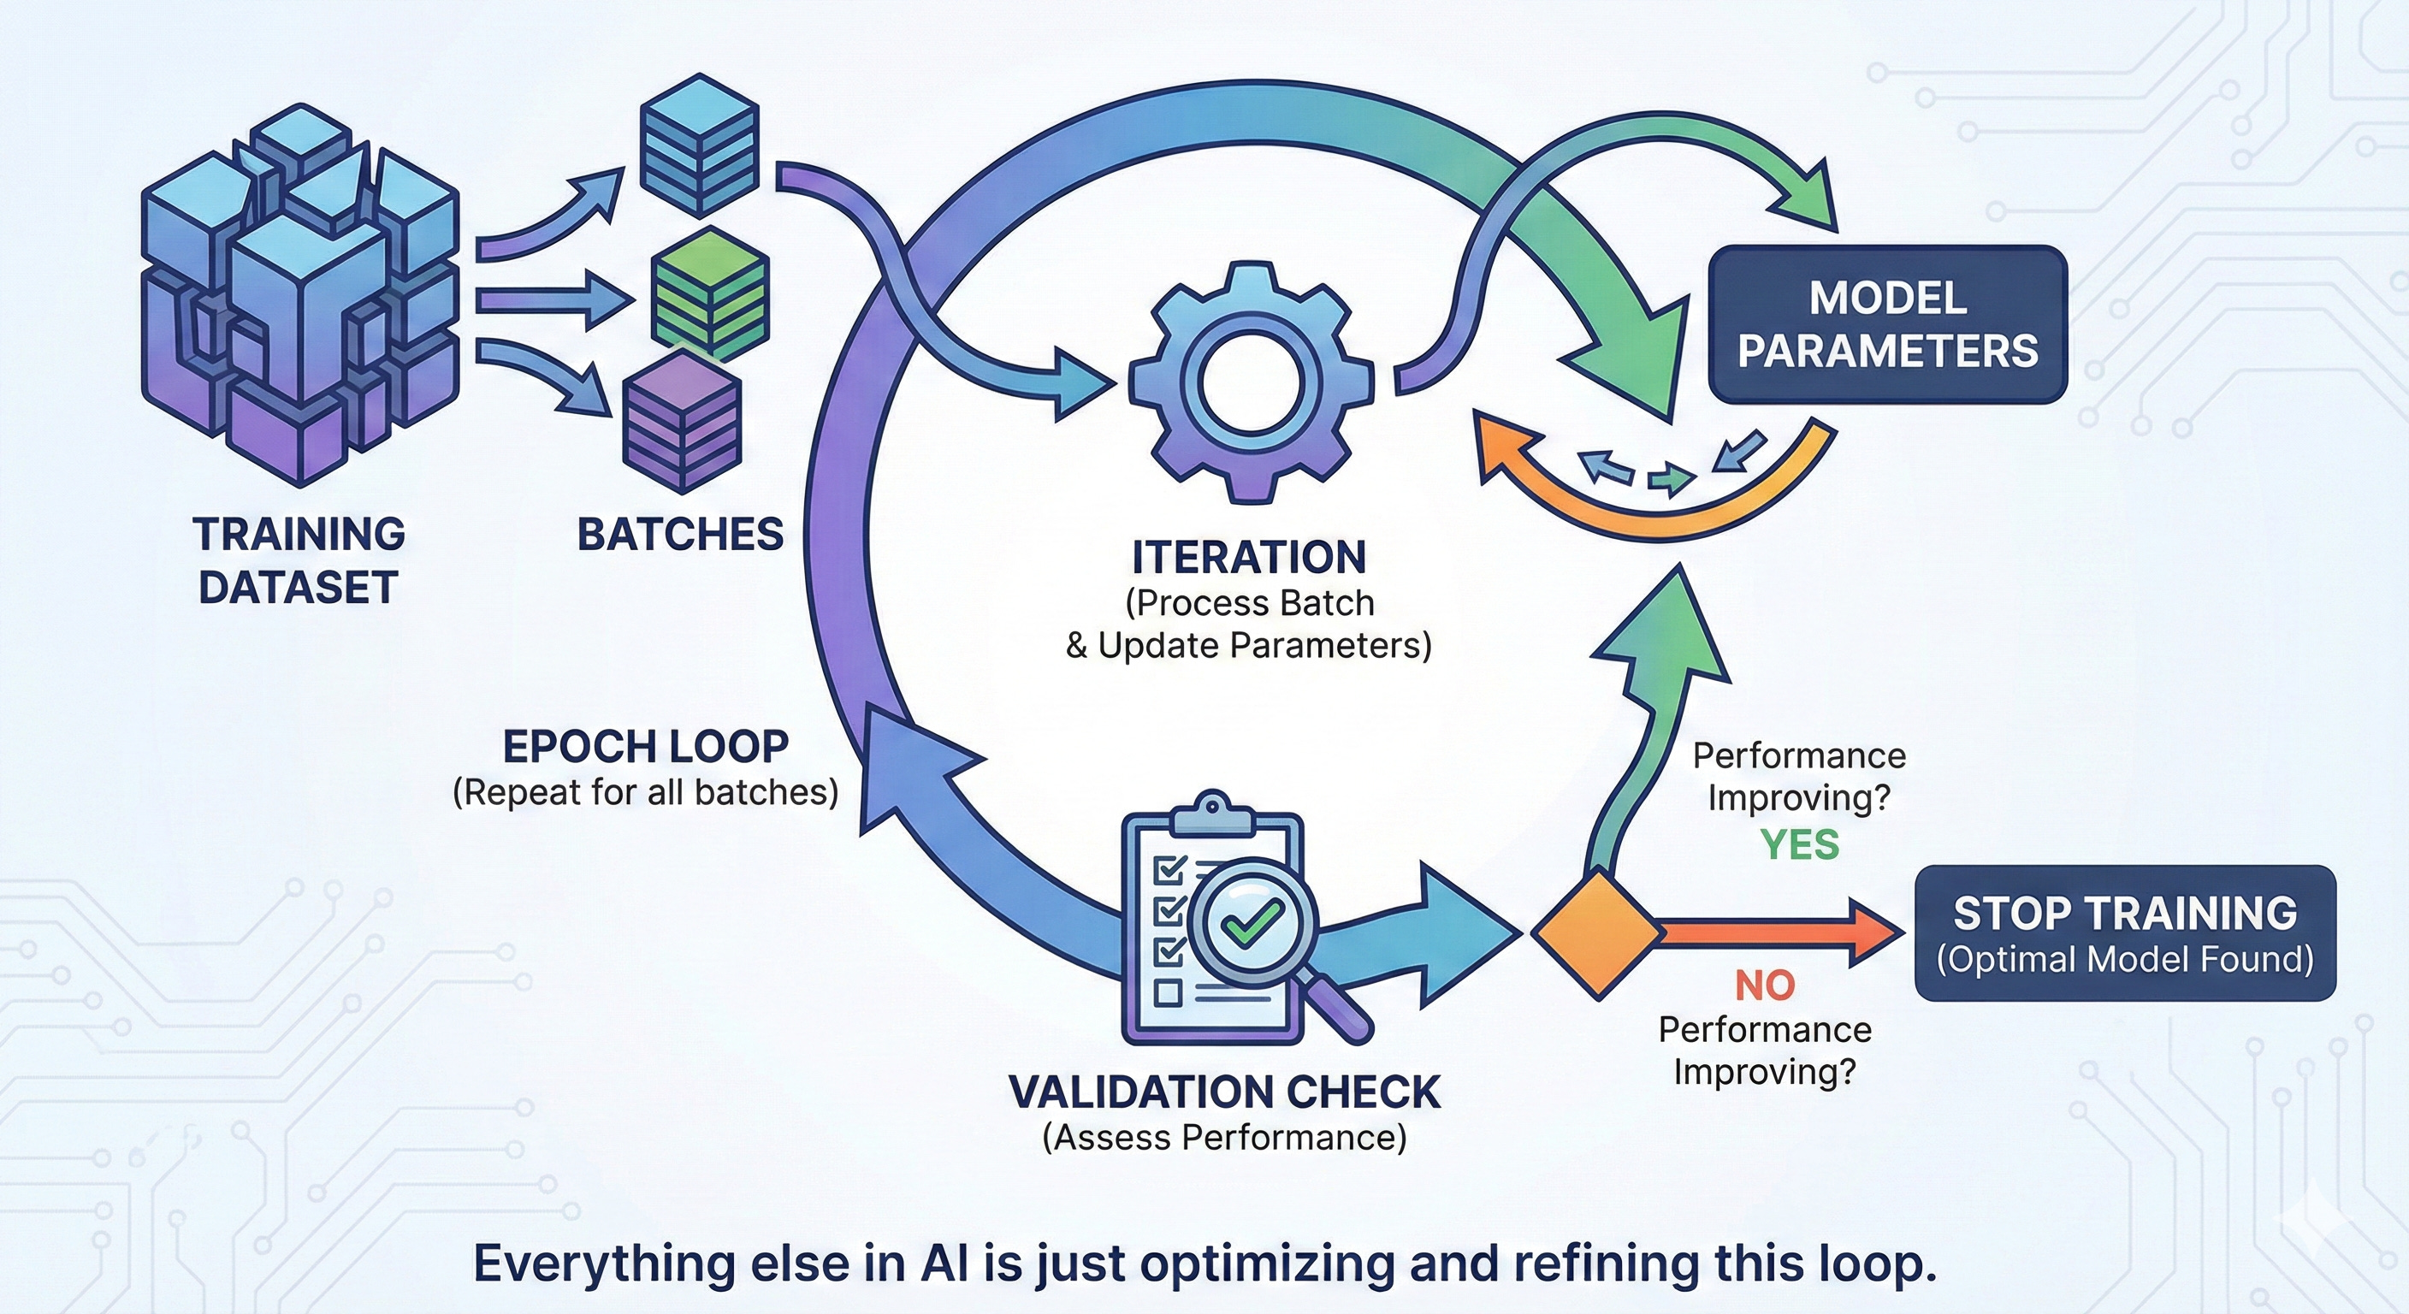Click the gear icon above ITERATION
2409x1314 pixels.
click(1251, 383)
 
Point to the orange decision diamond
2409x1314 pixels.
click(1597, 932)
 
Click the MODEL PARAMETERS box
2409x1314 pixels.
click(1887, 324)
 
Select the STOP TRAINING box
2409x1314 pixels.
click(2125, 933)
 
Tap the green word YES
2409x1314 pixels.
click(1799, 844)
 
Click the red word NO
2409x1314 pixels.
click(1765, 985)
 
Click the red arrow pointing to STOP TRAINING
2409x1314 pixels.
click(1777, 932)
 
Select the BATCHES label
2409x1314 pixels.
click(680, 535)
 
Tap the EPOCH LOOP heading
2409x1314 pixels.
click(645, 746)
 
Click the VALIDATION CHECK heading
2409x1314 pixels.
click(1224, 1092)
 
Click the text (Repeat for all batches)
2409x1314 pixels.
click(645, 792)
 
